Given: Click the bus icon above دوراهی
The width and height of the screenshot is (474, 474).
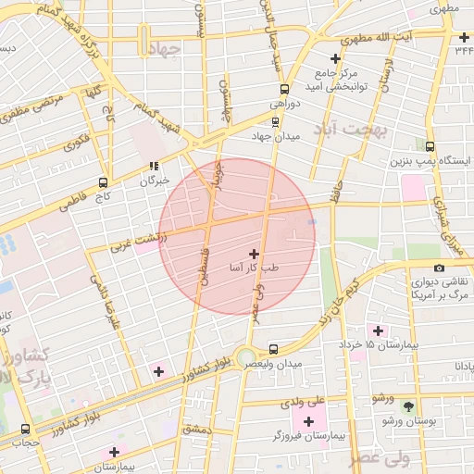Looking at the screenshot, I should click(x=284, y=91).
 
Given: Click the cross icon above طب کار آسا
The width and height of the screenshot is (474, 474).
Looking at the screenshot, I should click(x=255, y=253).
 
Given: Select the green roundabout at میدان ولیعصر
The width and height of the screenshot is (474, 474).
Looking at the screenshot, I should click(x=244, y=356).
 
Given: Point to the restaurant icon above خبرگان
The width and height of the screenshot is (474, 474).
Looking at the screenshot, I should click(x=154, y=168).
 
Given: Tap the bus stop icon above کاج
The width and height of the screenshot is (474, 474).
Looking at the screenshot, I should click(x=103, y=182).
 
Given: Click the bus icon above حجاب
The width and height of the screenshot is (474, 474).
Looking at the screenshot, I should click(x=25, y=429).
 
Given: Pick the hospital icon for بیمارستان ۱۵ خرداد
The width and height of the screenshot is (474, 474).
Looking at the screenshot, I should click(x=377, y=331).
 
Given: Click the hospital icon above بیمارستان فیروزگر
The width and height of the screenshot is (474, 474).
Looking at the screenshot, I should click(x=309, y=421).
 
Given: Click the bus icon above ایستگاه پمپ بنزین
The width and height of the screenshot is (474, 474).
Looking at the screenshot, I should click(x=430, y=145).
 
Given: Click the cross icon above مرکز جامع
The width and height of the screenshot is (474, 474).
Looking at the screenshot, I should click(x=336, y=58).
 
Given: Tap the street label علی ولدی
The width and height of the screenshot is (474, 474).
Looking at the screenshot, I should click(x=306, y=401).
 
